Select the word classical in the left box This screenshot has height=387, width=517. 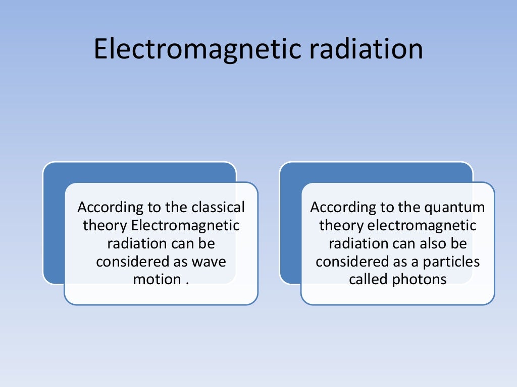point(218,207)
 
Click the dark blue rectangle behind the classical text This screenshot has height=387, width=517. point(54,227)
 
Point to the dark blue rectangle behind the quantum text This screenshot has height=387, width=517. point(290,227)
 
